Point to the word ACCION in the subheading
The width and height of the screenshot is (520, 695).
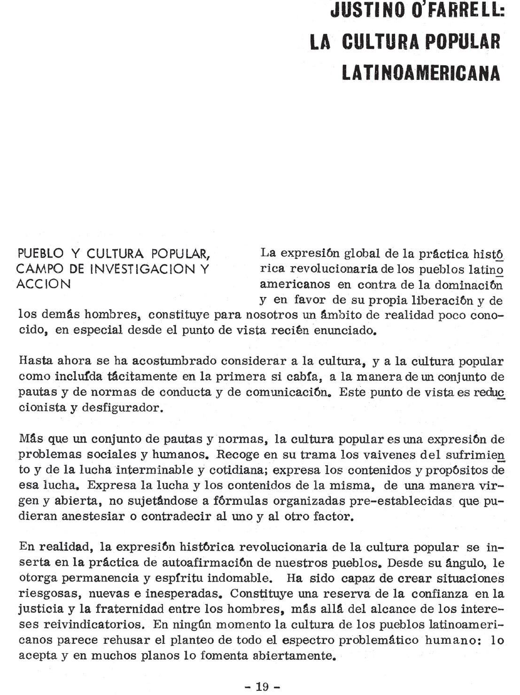44,284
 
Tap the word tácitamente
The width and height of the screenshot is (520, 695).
133,376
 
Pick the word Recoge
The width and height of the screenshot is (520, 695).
240,455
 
